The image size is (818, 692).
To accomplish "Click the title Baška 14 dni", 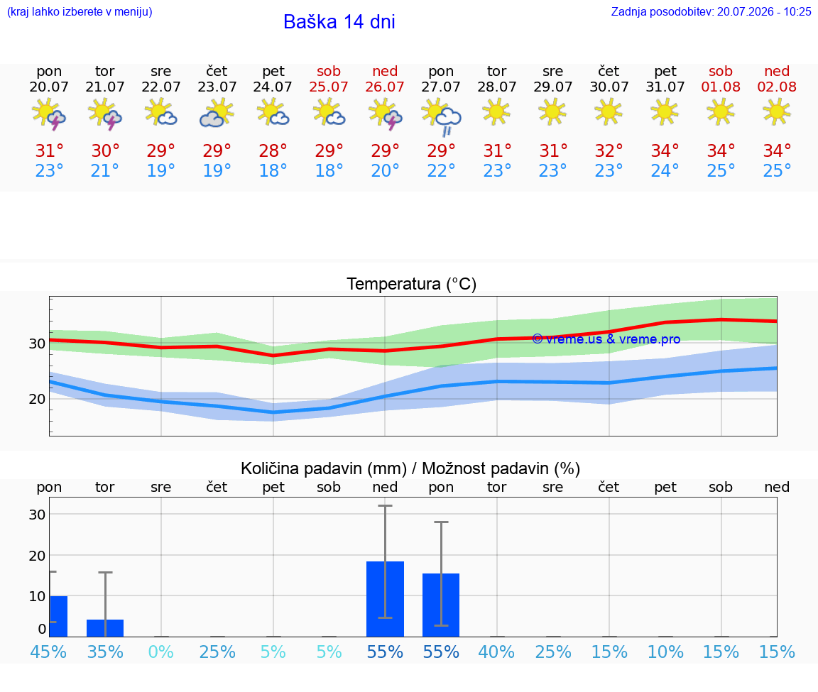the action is pos(339,22).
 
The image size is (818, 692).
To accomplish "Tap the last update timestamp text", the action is pos(711,12).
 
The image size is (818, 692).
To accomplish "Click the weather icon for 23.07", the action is pos(217,114).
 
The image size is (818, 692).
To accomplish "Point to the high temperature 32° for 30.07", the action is pos(609,150).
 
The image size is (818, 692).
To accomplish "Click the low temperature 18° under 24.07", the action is pos(273,170).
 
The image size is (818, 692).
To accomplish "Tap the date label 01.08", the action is pos(721,87).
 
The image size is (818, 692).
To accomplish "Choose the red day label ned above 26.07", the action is pos(385,71).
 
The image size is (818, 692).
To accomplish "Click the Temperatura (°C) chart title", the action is pos(412,284).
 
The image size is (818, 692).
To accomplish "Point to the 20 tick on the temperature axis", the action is pos(37,399).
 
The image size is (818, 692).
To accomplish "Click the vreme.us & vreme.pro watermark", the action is pos(606,339).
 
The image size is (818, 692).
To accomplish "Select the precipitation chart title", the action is pos(410,468).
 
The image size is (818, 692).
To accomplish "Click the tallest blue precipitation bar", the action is pos(385,599).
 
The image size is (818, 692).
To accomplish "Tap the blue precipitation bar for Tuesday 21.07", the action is pos(105,628).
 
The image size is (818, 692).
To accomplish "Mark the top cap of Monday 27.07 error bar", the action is pos(441,522).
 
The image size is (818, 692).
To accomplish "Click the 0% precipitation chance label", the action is pos(160,652).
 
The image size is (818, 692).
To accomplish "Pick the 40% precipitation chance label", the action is pos(496,652).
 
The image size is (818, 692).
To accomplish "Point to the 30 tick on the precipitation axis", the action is pos(37,514).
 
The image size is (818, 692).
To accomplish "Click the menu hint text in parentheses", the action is pos(80,12).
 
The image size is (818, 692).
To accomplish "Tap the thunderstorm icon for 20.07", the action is pos(48,114).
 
